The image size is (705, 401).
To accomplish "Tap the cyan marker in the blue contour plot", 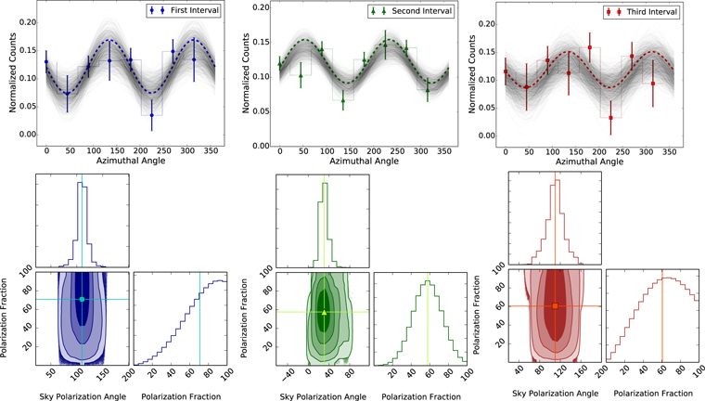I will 82,299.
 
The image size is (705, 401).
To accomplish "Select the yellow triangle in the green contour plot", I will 324,312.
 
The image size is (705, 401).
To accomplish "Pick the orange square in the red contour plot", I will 556,305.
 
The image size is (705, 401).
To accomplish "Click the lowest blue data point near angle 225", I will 151,115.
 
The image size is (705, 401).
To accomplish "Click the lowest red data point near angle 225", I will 610,118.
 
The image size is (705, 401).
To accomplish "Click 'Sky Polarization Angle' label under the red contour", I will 555,392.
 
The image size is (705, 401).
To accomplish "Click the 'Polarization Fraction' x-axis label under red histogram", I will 654,392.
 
